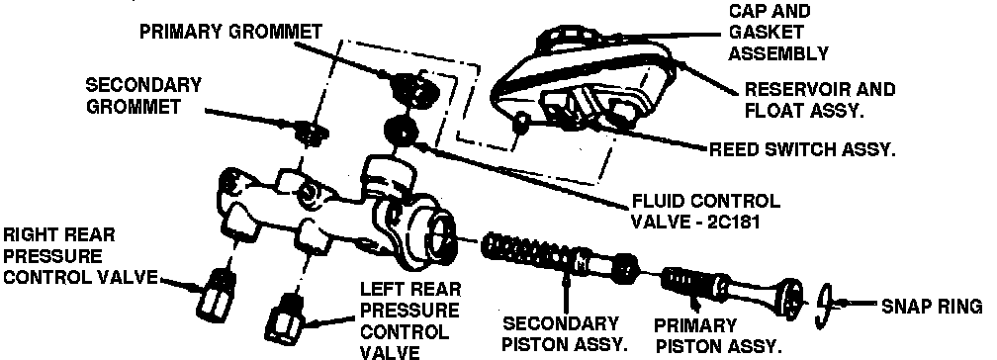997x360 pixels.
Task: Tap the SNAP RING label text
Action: pos(932,307)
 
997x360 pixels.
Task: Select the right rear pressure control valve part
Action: pos(215,294)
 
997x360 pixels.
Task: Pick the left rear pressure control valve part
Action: pos(284,317)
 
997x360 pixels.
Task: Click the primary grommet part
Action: pos(414,88)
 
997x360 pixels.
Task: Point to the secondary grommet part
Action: pos(311,132)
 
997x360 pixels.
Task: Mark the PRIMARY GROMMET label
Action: pos(230,32)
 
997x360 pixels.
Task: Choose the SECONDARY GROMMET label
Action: pos(143,96)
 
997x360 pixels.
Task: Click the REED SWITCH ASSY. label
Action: pos(802,150)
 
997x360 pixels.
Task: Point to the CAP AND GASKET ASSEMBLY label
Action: pos(778,32)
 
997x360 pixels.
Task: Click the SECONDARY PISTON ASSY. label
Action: pos(565,334)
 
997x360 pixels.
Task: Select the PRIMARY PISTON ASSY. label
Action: pos(716,336)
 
